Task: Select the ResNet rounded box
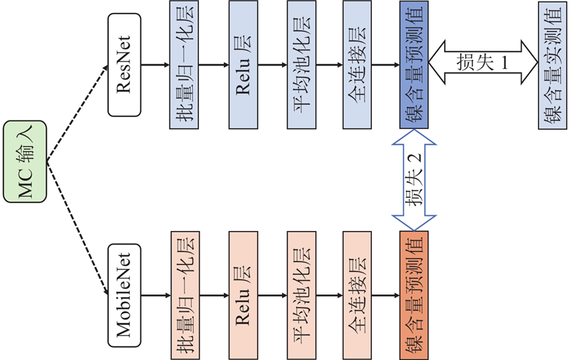(125, 65)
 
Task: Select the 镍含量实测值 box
(554, 65)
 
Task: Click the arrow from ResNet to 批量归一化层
(156, 65)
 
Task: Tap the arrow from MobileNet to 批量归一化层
(156, 294)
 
